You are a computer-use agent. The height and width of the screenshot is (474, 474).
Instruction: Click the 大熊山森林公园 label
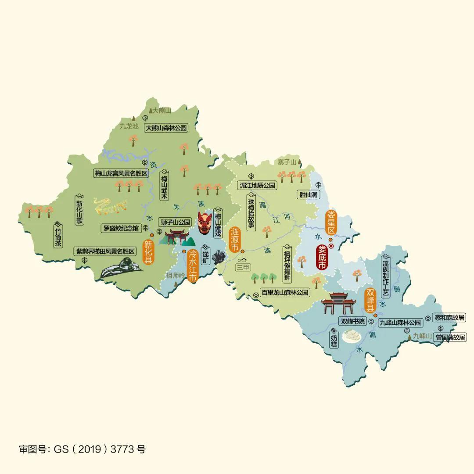pyautogui.click(x=166, y=128)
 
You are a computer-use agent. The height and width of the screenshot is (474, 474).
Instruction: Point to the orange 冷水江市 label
pyautogui.click(x=192, y=265)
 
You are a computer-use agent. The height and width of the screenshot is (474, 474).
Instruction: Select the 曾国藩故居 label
pyautogui.click(x=450, y=338)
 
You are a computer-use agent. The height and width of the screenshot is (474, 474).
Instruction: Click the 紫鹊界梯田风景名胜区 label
pyautogui.click(x=105, y=251)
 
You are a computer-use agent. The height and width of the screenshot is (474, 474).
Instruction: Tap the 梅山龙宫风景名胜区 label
pyautogui.click(x=121, y=173)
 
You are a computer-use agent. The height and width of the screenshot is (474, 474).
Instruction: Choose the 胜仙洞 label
pyautogui.click(x=308, y=194)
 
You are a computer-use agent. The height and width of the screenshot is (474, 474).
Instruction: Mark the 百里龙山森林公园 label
pyautogui.click(x=284, y=292)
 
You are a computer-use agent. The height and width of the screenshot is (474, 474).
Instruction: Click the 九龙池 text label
pyautogui.click(x=129, y=126)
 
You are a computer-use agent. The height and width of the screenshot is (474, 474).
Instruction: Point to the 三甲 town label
pyautogui.click(x=243, y=267)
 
